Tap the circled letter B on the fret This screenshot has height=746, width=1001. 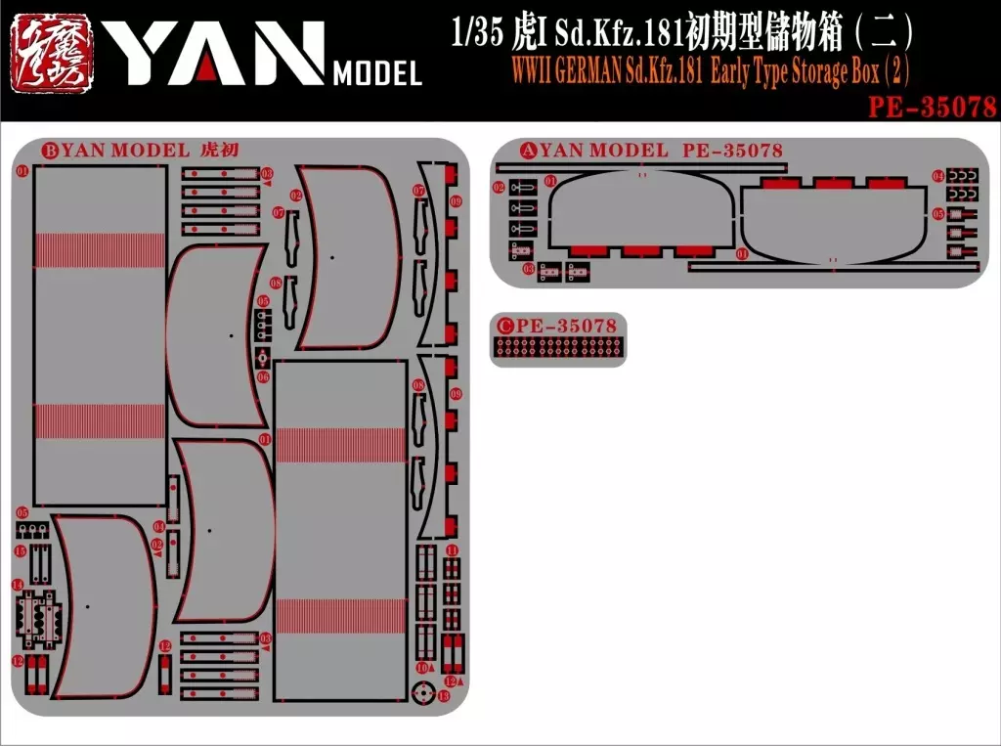(x=50, y=151)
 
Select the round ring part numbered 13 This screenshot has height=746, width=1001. (x=423, y=695)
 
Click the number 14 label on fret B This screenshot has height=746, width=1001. (x=18, y=585)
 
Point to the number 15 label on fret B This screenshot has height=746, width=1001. (x=20, y=552)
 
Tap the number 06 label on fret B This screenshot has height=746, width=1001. (x=263, y=376)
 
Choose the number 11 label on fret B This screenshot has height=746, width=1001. (x=451, y=551)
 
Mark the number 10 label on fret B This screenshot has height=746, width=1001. (x=420, y=667)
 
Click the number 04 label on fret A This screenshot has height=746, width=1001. (x=937, y=176)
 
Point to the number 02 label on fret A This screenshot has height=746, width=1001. (x=499, y=187)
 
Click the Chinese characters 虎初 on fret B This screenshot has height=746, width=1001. (x=218, y=151)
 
